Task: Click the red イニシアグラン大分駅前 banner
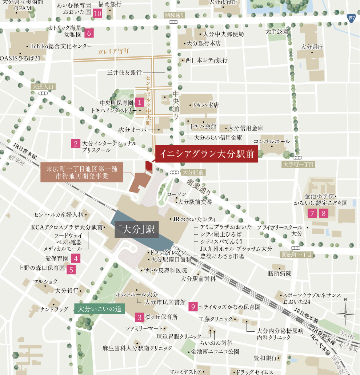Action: click(x=207, y=153)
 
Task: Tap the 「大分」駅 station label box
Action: click(x=136, y=230)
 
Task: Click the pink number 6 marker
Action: click(x=89, y=33)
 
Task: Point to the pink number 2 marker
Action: click(x=76, y=143)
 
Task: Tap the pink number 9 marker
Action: click(x=193, y=307)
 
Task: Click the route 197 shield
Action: click(x=351, y=18)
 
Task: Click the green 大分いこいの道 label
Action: click(x=100, y=309)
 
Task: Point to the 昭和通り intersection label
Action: click(x=175, y=15)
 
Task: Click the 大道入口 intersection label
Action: click(x=43, y=87)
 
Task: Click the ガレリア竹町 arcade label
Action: click(x=113, y=52)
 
